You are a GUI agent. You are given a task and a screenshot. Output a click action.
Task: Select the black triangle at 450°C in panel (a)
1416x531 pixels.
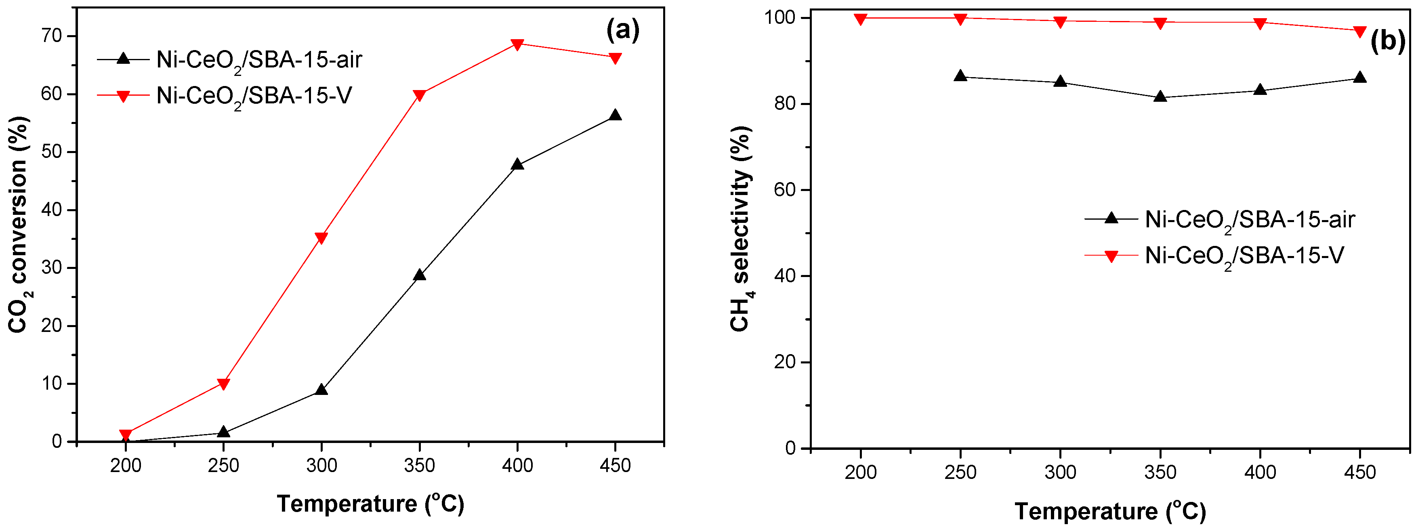[615, 115]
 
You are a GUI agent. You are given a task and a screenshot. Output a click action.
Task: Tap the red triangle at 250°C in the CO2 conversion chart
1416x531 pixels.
[223, 384]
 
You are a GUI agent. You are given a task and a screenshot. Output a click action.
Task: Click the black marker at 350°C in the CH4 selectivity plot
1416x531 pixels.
[1160, 97]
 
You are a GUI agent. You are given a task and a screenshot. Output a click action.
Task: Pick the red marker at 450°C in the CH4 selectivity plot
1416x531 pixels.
[1360, 31]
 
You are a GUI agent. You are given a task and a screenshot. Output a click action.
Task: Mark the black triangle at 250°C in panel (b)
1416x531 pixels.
[960, 76]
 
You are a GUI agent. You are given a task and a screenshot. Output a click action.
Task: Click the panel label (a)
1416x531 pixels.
[623, 30]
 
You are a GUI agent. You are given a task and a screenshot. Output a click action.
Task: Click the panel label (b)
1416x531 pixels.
[1387, 41]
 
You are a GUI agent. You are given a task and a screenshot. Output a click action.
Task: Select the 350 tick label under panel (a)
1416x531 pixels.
[419, 466]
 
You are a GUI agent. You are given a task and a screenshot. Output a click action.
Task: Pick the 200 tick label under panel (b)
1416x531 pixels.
[860, 472]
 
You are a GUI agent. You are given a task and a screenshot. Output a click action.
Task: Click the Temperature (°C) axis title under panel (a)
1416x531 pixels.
[370, 504]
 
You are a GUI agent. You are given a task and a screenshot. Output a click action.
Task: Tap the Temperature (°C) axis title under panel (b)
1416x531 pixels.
[1110, 511]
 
